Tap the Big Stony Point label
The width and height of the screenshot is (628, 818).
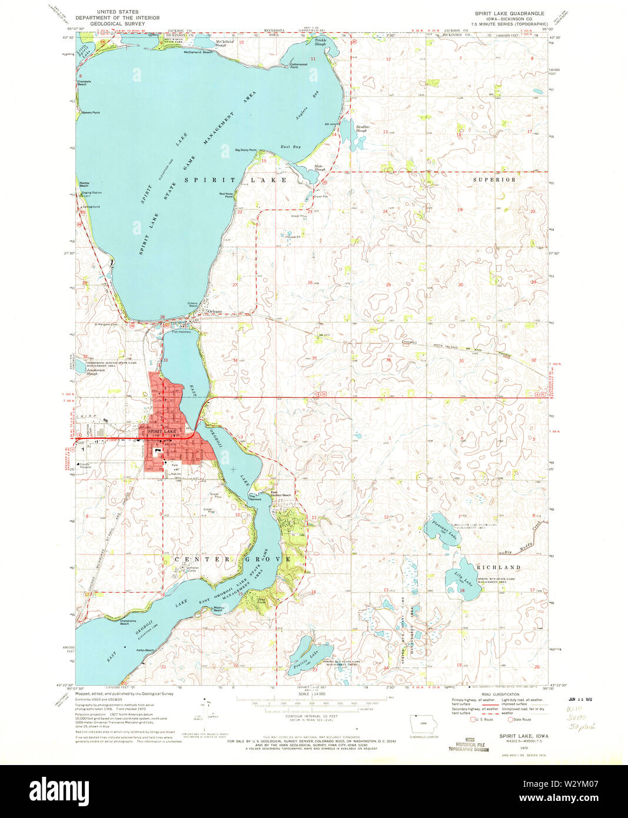[x=246, y=150]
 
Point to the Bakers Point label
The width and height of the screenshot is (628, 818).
[x=91, y=112]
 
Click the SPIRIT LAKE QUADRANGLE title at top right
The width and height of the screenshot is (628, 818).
[x=510, y=13]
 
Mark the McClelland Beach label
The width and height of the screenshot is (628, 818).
[x=198, y=53]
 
